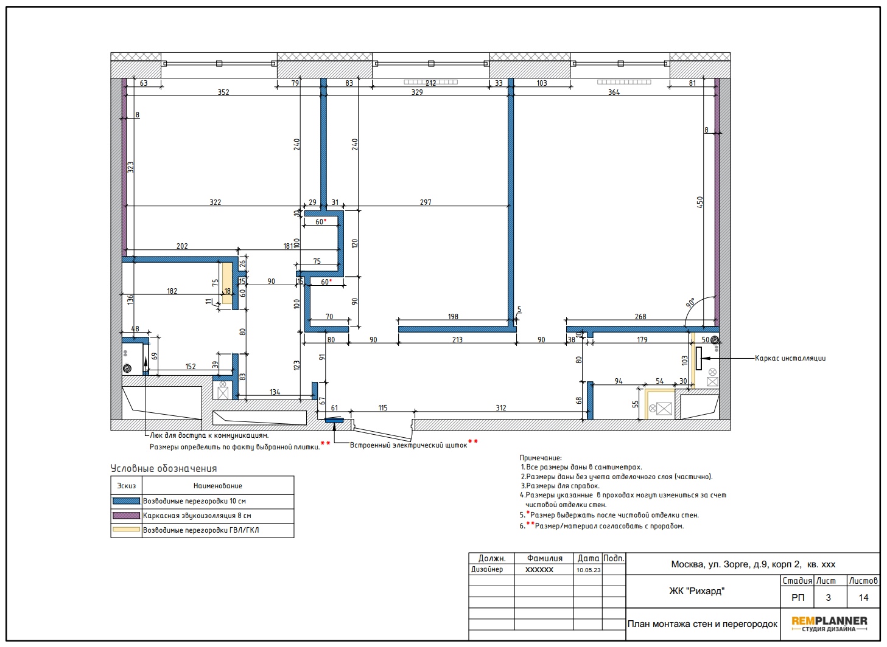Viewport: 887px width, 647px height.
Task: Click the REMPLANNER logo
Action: click(829, 624)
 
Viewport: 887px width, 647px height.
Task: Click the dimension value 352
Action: click(223, 92)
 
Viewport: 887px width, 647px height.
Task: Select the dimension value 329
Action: click(417, 92)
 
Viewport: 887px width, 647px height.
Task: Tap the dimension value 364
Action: click(614, 92)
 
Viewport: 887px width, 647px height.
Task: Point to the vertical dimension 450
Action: click(699, 202)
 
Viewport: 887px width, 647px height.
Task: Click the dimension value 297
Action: click(426, 202)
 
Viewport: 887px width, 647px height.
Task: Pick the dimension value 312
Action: click(501, 408)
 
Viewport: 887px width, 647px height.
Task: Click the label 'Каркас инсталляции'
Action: click(790, 358)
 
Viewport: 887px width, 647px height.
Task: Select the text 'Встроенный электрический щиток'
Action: click(408, 445)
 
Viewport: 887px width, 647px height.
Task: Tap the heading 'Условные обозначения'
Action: click(164, 468)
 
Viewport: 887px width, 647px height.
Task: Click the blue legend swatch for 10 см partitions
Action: click(126, 500)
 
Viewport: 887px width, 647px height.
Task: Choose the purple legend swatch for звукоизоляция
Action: click(126, 515)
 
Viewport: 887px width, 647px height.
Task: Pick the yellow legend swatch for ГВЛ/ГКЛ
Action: click(126, 529)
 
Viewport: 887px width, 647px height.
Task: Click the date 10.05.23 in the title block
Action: click(589, 570)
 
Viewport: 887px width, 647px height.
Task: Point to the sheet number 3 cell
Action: click(828, 598)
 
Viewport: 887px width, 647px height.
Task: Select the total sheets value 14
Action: click(863, 598)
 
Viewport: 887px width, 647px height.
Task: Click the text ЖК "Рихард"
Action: click(697, 591)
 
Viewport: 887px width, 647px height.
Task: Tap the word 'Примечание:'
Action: click(541, 457)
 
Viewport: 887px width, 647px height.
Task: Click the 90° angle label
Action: click(690, 303)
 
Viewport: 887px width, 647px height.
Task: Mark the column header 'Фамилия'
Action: click(544, 558)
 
